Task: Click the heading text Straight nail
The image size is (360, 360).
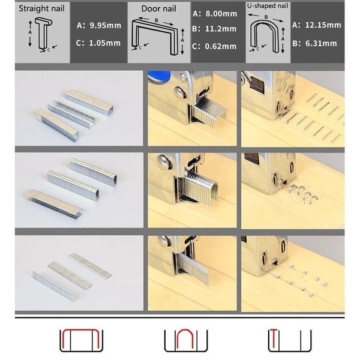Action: point(41,8)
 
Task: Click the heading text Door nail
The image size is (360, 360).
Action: point(158,9)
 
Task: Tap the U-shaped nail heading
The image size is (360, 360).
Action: point(268,6)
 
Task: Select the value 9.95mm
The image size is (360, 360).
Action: point(106,25)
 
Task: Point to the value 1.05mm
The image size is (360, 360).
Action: point(104,43)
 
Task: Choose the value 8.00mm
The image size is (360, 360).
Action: point(221,14)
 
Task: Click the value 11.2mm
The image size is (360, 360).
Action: point(221,29)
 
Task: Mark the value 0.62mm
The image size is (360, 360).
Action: point(221,46)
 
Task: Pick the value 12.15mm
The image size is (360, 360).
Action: point(323,25)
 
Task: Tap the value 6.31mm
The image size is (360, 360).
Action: point(321,43)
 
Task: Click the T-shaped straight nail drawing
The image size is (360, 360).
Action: point(43,34)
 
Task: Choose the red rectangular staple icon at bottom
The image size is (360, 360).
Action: point(81,331)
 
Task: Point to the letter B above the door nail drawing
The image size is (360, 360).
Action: point(157,20)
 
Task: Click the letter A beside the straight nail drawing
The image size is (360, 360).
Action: point(30,32)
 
